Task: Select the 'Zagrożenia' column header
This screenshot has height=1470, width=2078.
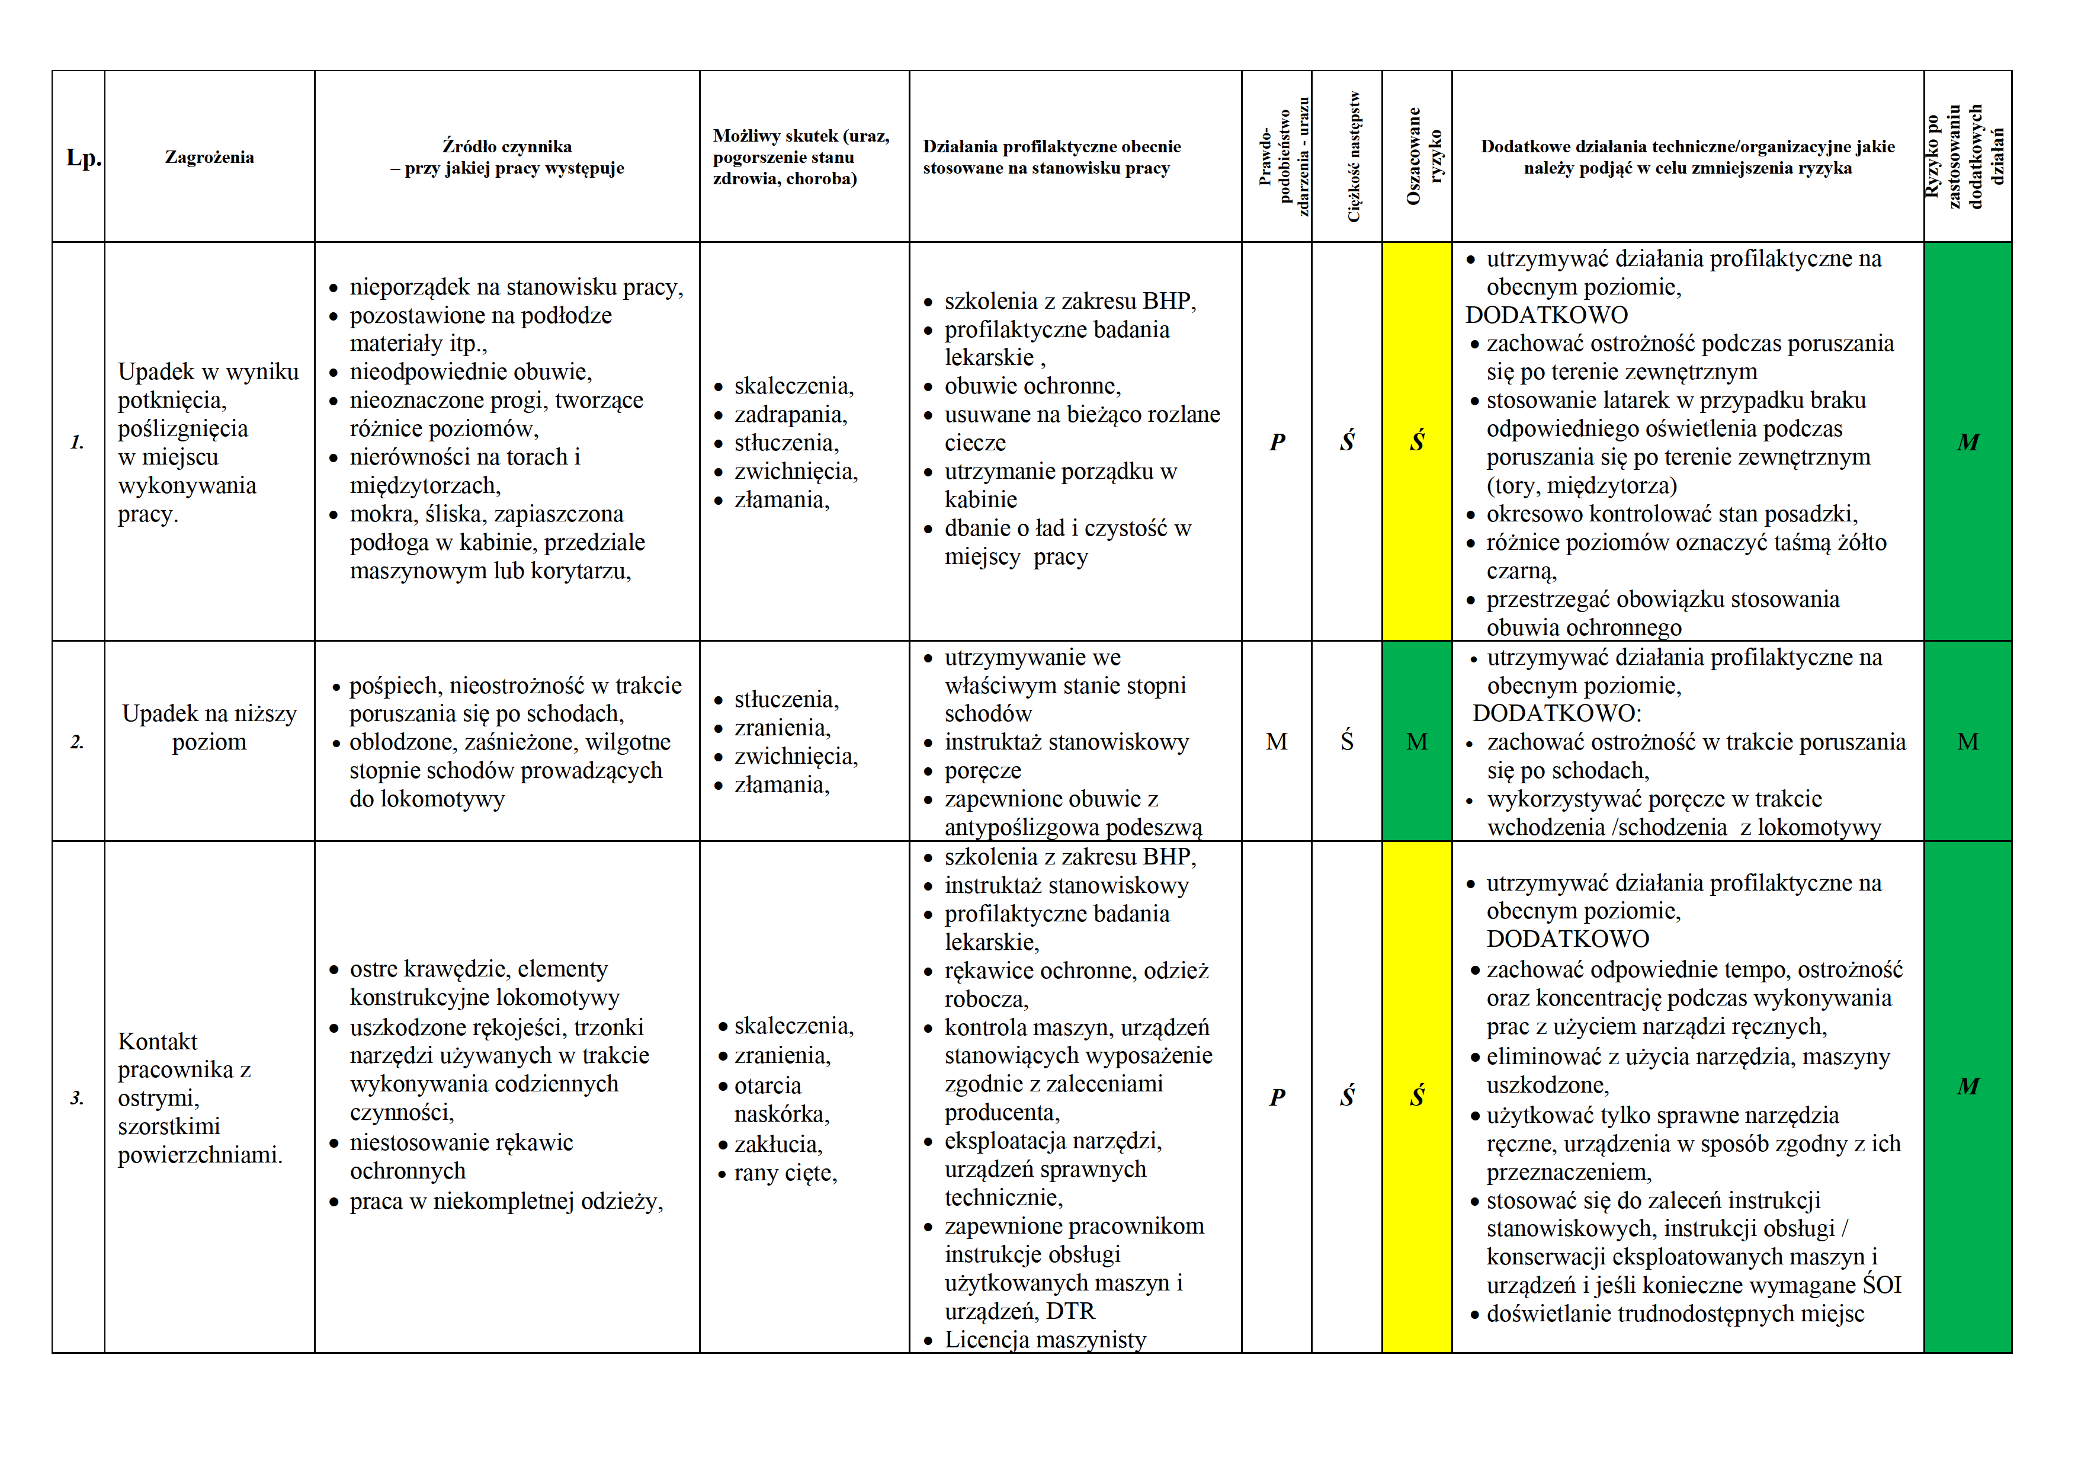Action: [x=209, y=158]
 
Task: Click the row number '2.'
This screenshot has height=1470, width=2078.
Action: [x=77, y=742]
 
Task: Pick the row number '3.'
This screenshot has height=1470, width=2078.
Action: [x=77, y=1098]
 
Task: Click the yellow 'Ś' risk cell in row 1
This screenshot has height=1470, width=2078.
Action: [x=1418, y=442]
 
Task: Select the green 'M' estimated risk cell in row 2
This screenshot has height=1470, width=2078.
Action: [x=1418, y=742]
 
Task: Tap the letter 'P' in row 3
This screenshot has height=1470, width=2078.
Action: [x=1277, y=1097]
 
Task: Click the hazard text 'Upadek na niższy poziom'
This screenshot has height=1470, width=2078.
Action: [x=209, y=728]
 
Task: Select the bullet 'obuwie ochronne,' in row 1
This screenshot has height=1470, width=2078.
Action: [x=1032, y=386]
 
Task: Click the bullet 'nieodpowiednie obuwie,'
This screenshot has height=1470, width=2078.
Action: [x=470, y=372]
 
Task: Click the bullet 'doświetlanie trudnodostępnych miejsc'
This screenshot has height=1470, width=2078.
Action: [x=1675, y=1314]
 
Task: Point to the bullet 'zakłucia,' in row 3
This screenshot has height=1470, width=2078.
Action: [x=777, y=1144]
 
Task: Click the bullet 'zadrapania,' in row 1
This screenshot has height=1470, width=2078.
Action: [x=790, y=415]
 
